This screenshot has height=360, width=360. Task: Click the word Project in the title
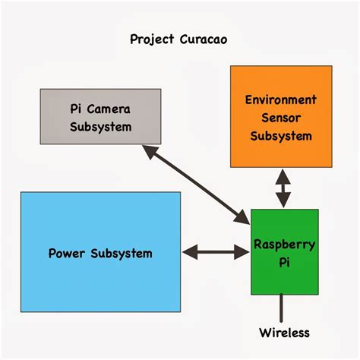click(x=152, y=39)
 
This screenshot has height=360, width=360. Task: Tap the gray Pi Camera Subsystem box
click(x=100, y=116)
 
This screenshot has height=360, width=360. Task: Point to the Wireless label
click(x=284, y=333)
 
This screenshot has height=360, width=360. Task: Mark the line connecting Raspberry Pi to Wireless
click(x=282, y=308)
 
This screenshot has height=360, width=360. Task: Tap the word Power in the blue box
click(x=65, y=253)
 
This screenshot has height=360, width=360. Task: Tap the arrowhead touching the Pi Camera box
click(x=149, y=151)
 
